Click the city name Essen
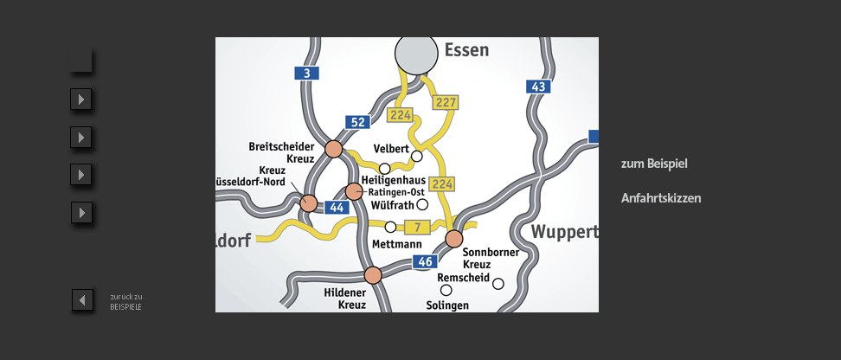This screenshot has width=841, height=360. tap(466, 50)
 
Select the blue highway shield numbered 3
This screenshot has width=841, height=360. tap(306, 74)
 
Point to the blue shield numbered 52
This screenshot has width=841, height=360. tap(357, 122)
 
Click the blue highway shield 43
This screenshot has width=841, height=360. tap(538, 87)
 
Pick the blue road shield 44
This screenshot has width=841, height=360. tap(337, 208)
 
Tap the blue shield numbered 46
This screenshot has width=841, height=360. tap(424, 261)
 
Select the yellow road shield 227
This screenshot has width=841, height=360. tap(446, 103)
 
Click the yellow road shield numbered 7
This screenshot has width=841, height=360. tap(417, 228)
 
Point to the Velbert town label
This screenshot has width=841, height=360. tap(390, 149)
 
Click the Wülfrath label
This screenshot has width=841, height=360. tap(392, 205)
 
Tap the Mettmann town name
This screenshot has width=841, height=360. tap(396, 244)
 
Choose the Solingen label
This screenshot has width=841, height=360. tap(447, 305)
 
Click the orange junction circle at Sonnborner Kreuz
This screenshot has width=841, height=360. tap(454, 239)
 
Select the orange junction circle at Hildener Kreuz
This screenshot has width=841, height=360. tap(373, 275)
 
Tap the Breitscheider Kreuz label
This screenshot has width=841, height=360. tap(281, 152)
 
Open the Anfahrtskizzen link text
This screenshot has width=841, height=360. tap(661, 198)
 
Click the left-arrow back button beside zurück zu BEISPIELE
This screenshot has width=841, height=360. tap(82, 300)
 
